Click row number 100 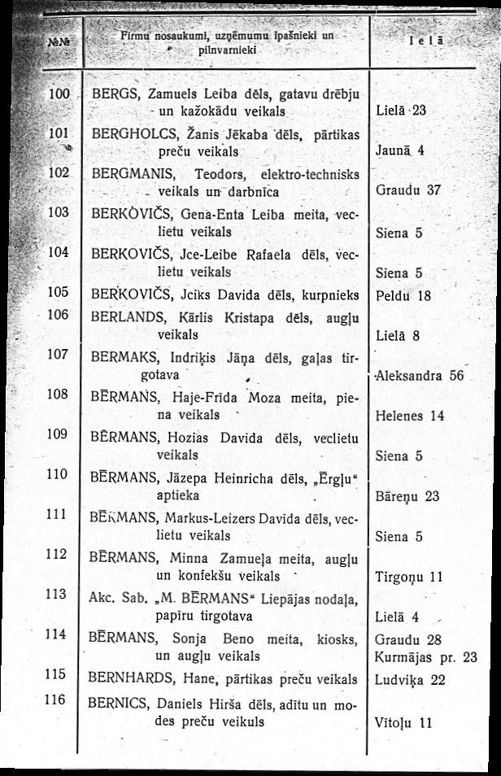[x=59, y=94]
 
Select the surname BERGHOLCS [x=129, y=133]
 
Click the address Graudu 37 [x=409, y=190]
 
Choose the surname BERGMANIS [x=132, y=173]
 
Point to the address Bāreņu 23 [x=408, y=495]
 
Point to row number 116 [x=55, y=699]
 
